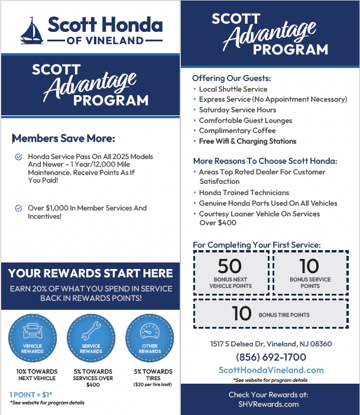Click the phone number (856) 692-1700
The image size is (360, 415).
[271, 357]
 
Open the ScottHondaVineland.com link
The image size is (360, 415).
[271, 370]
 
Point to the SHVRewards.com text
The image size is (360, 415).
[269, 404]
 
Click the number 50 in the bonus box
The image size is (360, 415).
[230, 267]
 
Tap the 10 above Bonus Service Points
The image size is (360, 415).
[310, 267]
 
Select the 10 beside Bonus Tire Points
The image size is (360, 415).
[242, 314]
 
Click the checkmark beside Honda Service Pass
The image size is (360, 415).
[18, 157]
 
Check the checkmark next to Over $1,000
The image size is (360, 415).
[18, 208]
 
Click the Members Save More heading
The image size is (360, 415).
[64, 138]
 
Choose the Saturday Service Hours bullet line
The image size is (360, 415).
[237, 110]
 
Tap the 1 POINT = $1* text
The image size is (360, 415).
[31, 394]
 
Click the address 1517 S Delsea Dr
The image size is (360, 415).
[271, 344]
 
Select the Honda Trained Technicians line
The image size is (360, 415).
[244, 193]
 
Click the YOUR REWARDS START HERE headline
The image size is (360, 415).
[90, 273]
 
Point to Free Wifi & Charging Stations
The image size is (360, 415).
[248, 141]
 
